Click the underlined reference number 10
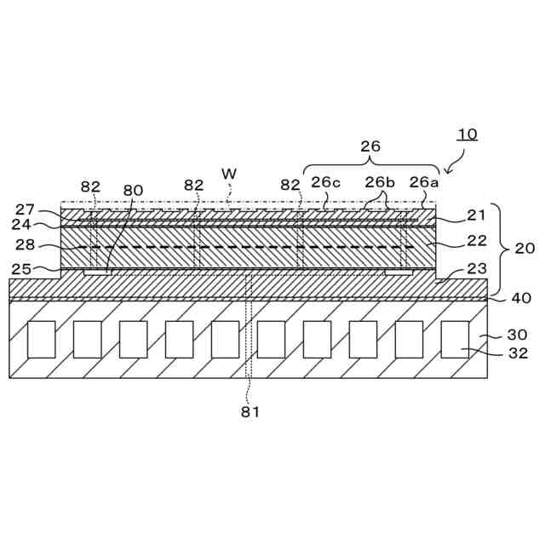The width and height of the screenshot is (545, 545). pyautogui.click(x=468, y=134)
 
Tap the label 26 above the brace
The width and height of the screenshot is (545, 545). pyautogui.click(x=370, y=146)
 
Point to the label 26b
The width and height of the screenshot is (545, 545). pyautogui.click(x=380, y=181)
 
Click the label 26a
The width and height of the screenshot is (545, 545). pyautogui.click(x=424, y=181)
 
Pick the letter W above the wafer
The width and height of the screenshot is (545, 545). pyautogui.click(x=228, y=173)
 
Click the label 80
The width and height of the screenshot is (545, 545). pyautogui.click(x=133, y=190)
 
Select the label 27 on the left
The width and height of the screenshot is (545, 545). pyautogui.click(x=25, y=209)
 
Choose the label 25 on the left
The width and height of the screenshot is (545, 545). pyautogui.click(x=21, y=269)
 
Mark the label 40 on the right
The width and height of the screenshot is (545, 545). pyautogui.click(x=519, y=298)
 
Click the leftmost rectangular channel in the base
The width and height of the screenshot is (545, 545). pyautogui.click(x=41, y=339)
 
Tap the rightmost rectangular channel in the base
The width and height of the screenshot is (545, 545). pyautogui.click(x=455, y=339)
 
